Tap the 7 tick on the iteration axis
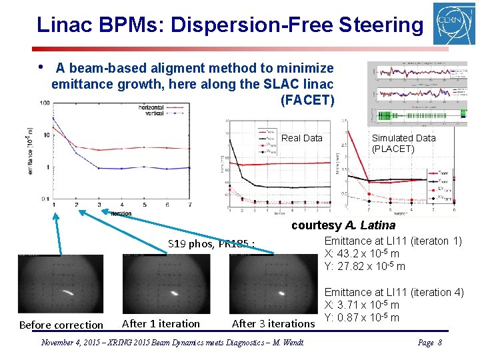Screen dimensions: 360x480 pos(191,205)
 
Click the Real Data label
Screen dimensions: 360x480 pos(302,138)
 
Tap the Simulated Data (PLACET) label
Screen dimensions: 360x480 pos(403,143)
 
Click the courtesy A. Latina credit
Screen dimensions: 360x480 pos(343,225)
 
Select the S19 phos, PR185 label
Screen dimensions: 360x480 pos(211,243)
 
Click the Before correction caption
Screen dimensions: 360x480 pos(61,325)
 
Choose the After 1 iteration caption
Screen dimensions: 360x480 pos(161,324)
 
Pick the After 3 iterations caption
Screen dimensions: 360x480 pos(273,324)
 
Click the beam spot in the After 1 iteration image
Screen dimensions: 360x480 pos(175,292)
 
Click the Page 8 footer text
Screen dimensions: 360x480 pos(430,343)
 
